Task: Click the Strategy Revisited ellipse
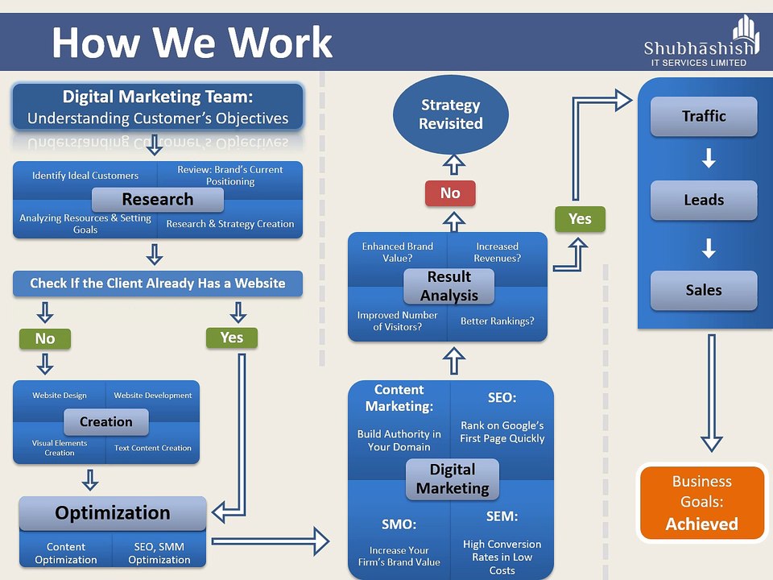pos(450,114)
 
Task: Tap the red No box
pos(450,193)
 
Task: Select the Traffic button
pos(704,116)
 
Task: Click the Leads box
pos(704,200)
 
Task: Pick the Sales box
pos(704,290)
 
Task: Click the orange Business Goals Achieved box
pos(701,503)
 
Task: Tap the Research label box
pos(157,200)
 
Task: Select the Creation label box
pos(105,422)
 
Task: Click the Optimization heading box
pos(113,513)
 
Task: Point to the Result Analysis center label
pos(449,286)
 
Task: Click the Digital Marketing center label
pos(452,479)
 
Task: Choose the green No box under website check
pos(45,339)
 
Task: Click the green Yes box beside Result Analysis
pos(580,219)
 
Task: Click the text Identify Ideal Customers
pos(85,176)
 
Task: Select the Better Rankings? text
pos(497,321)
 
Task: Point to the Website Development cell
pos(153,396)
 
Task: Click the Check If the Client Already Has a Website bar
pos(158,284)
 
